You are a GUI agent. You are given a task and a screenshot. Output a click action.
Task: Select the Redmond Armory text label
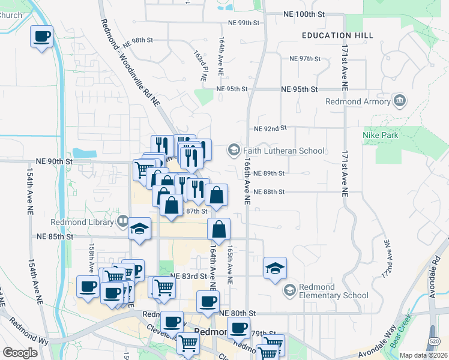point(357,101)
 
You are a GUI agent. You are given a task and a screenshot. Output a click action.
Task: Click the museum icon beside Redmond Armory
point(399,99)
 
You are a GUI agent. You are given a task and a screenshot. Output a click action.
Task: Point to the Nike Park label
point(380,135)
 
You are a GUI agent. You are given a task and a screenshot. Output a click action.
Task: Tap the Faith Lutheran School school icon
point(234,149)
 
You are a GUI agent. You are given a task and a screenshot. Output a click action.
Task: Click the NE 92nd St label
point(271,128)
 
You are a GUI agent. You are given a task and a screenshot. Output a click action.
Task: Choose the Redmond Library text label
point(90,222)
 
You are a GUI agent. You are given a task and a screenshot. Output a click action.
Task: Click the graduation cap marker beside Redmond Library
point(139,229)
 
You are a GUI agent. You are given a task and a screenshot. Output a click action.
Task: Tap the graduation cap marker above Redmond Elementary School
point(275,268)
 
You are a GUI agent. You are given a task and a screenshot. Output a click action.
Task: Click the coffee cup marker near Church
point(42,37)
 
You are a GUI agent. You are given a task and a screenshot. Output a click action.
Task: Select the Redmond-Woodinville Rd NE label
point(131,63)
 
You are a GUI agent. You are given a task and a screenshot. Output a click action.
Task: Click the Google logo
point(20,353)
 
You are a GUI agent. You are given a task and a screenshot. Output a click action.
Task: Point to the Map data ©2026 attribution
point(423,355)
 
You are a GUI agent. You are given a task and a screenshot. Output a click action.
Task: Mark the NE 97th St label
point(306,59)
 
